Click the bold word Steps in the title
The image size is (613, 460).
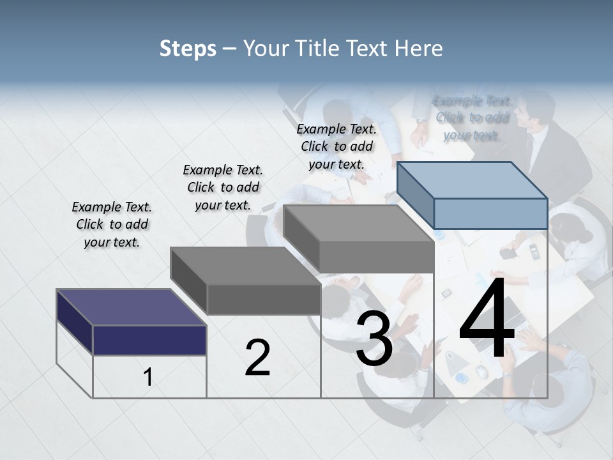coord(188,49)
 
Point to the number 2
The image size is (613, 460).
coord(257,358)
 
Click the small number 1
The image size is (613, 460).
coord(148,378)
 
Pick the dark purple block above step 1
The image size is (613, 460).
coord(149,339)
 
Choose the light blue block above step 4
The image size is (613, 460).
coord(490,213)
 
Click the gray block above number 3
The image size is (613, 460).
coord(376,257)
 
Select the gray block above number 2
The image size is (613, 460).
coord(263,298)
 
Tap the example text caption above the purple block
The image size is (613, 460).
coord(112,224)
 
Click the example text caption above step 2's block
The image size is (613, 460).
coord(223,187)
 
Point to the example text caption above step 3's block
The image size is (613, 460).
coord(337,146)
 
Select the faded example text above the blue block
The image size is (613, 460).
coord(472,118)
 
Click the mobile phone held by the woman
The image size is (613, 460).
coord(508,252)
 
